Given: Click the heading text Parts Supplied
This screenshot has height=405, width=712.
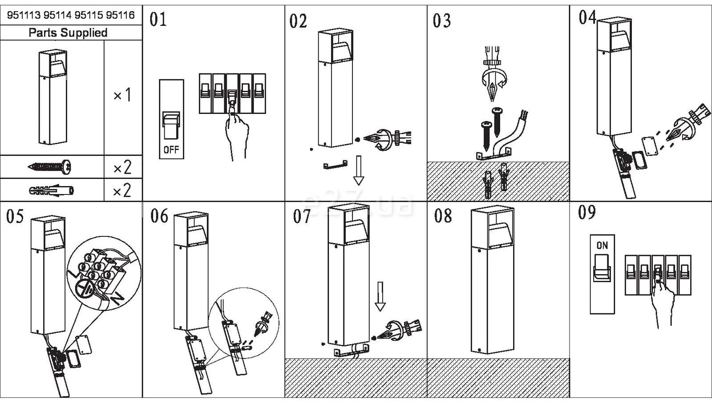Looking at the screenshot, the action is pyautogui.click(x=68, y=33).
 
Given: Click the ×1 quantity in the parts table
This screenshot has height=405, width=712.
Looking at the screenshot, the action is pyautogui.click(x=122, y=95).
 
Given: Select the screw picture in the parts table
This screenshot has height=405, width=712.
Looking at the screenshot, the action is pyautogui.click(x=49, y=166).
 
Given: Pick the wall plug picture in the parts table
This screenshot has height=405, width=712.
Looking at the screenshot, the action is pyautogui.click(x=51, y=190).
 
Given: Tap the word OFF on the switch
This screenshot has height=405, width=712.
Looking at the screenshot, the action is pyautogui.click(x=171, y=150).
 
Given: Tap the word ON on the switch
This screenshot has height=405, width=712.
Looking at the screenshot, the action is pyautogui.click(x=602, y=245).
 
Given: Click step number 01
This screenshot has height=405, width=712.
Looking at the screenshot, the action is pyautogui.click(x=158, y=20).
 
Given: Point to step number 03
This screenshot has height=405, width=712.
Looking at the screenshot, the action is pyautogui.click(x=441, y=20).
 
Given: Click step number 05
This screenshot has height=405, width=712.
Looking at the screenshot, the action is pyautogui.click(x=15, y=216).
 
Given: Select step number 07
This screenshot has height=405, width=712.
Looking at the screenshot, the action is pyautogui.click(x=302, y=216).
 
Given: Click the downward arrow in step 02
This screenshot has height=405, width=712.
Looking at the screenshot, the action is pyautogui.click(x=359, y=170).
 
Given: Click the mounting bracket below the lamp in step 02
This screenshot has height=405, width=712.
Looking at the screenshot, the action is pyautogui.click(x=335, y=165).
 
